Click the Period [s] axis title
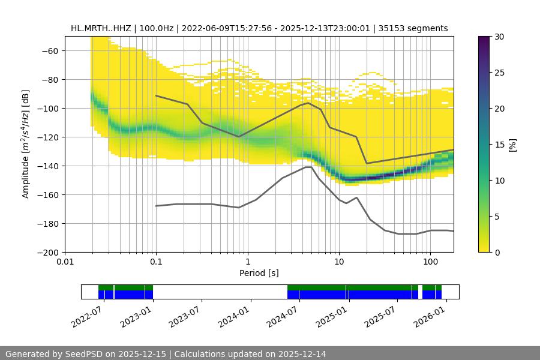pyautogui.click(x=259, y=274)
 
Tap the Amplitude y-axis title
pyautogui.click(x=25, y=144)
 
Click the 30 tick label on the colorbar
pyautogui.click(x=499, y=37)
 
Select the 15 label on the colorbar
pyautogui.click(x=499, y=145)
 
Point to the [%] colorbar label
pyautogui.click(x=512, y=145)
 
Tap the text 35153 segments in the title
pyautogui.click(x=415, y=28)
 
